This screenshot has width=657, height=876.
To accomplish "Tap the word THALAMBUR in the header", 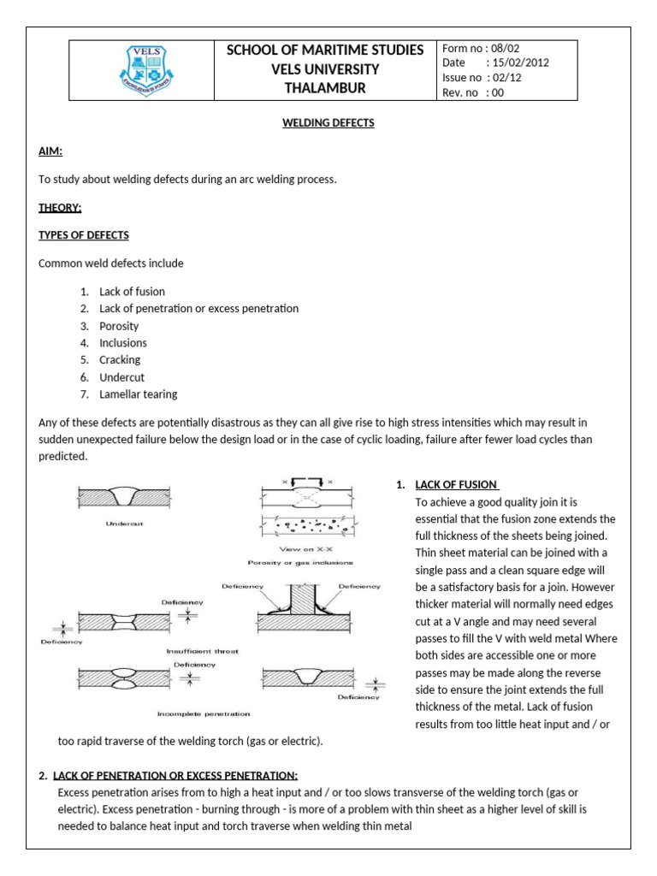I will coord(324,88).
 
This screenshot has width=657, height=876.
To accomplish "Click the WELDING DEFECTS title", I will coord(328,123).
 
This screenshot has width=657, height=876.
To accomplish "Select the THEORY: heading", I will coord(60,207).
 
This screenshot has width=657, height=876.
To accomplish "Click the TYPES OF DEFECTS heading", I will coord(84,235).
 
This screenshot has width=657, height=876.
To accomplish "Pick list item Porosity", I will coord(119,326).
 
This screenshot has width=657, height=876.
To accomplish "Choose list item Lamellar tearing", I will coord(138,394).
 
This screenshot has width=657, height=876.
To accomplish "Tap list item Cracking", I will coord(120,360).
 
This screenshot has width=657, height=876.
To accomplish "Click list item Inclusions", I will coord(123,343).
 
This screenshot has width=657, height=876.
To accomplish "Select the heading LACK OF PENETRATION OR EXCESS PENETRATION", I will coord(175,776).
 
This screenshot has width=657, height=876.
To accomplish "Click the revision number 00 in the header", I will coord(495,93).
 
